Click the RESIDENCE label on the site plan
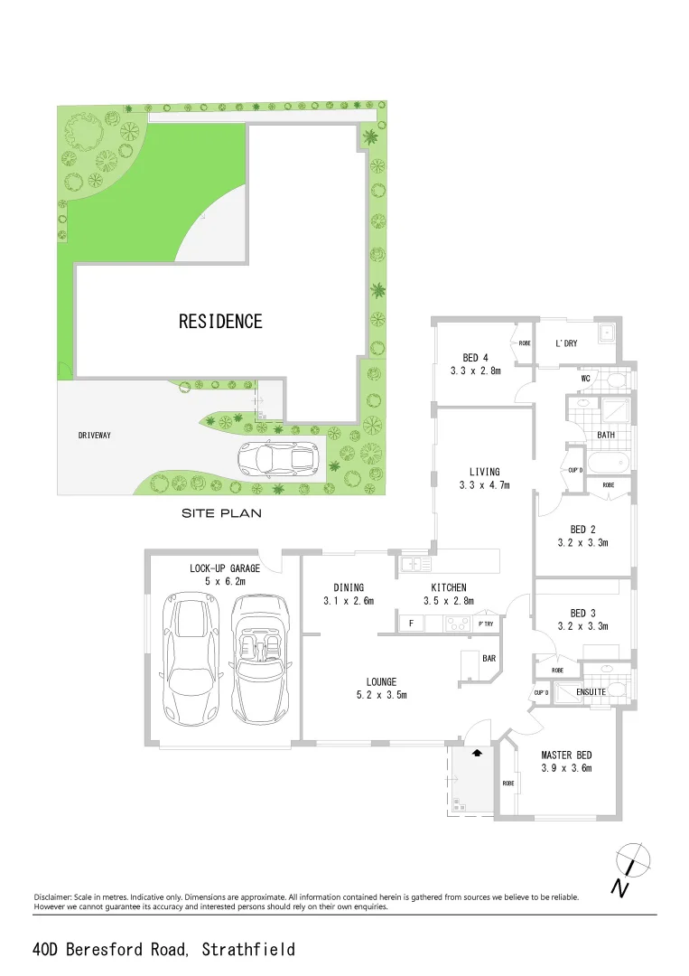[220, 321]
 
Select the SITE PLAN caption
[221, 513]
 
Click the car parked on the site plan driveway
[278, 459]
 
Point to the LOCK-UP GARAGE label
[225, 568]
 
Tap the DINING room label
[348, 587]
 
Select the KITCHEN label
[449, 587]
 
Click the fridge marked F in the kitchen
[411, 624]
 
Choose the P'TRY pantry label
[485, 624]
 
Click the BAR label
[489, 659]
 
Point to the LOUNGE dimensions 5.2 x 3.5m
[381, 695]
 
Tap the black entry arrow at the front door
[477, 750]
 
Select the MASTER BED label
[566, 755]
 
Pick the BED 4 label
[476, 358]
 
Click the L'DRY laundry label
[566, 343]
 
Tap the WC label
[586, 377]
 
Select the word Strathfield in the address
[248, 949]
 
